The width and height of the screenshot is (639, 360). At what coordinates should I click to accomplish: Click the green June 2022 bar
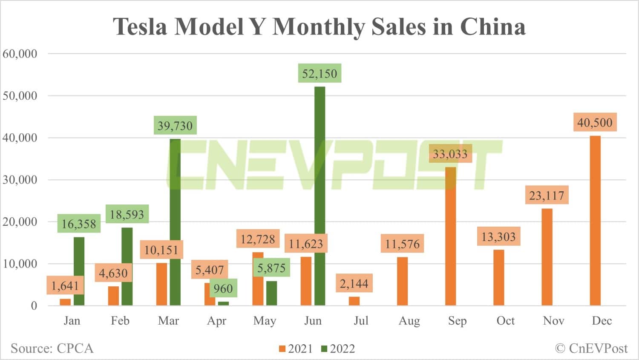319,196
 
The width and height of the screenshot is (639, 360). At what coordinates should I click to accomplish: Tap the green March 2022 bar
175,222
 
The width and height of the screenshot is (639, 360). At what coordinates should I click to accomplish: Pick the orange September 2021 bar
451,236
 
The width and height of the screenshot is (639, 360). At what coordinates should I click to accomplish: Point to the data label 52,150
319,74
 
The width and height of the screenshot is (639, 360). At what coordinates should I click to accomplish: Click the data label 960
223,289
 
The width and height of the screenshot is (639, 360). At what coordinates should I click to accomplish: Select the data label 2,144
354,283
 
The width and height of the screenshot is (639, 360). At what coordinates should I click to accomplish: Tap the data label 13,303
498,236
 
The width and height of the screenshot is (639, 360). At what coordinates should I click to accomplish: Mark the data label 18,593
127,214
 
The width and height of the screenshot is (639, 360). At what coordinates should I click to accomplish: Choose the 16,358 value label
79,224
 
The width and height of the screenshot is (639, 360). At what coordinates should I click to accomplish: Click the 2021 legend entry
296,349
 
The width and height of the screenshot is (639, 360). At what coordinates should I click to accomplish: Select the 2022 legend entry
338,349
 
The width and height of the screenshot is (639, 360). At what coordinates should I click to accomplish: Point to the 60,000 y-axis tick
20,54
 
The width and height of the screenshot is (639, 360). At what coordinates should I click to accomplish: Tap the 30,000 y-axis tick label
20,180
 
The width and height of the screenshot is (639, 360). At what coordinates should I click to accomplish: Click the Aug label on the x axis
409,321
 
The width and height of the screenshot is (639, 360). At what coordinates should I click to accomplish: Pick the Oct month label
505,321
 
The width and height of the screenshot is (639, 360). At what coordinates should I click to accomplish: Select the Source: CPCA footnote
52,348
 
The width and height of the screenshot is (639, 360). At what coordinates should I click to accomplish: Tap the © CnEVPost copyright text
591,348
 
